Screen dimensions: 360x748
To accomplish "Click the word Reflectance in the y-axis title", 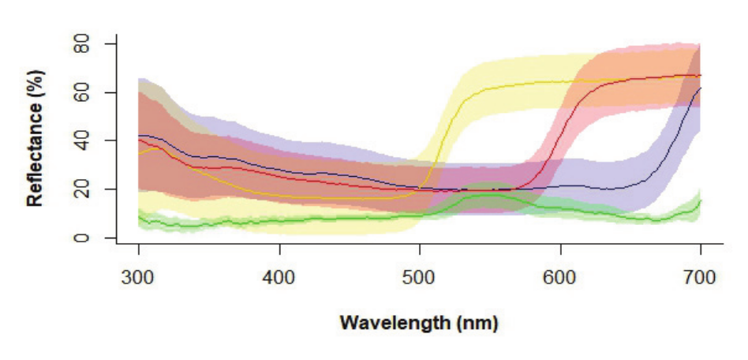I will tap(35, 152).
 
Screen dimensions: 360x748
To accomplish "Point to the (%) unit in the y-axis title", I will tap(35, 81).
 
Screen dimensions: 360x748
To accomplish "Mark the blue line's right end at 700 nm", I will tap(700, 88).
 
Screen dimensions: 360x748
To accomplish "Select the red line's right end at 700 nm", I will tap(700, 76).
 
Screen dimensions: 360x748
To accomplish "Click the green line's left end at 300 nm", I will tap(140, 216).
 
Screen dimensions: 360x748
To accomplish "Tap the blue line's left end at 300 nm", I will tap(140, 136).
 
